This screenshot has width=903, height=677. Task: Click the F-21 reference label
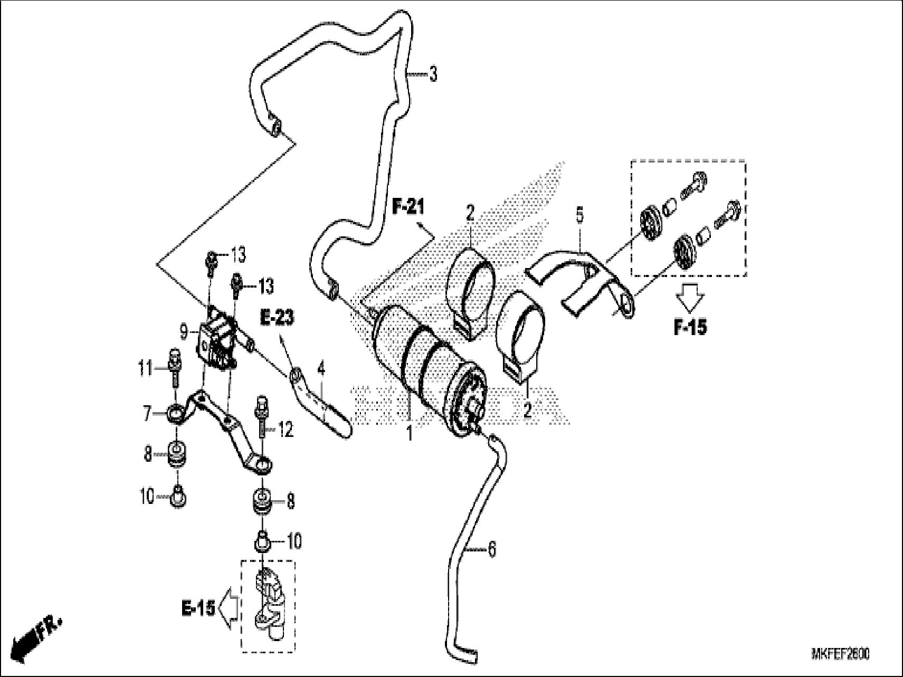tap(407, 207)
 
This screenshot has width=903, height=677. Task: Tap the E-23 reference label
tap(277, 318)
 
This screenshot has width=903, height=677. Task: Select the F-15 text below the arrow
tap(690, 327)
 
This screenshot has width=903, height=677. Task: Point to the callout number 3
tap(433, 74)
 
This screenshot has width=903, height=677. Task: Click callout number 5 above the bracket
tap(579, 215)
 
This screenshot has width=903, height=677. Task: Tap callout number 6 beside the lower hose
tap(491, 550)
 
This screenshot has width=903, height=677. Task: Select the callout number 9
tap(184, 332)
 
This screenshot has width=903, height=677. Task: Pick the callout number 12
tap(286, 430)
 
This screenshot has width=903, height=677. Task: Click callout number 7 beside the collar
tap(148, 413)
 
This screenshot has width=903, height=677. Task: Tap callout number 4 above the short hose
tap(320, 369)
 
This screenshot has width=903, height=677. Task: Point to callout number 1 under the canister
tap(409, 434)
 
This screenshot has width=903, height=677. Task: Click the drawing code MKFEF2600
tap(840, 654)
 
